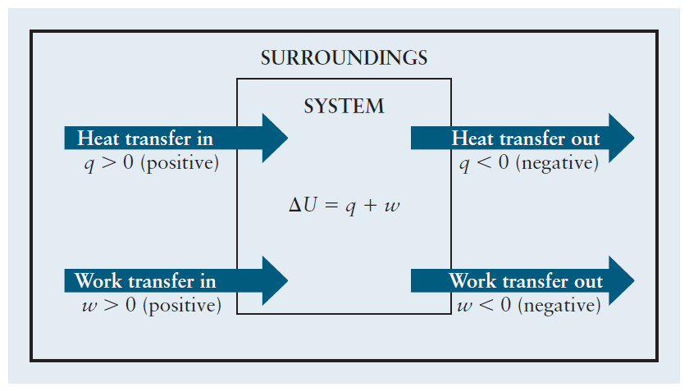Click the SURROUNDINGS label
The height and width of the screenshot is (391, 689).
[344, 58]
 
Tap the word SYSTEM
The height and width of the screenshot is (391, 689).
[344, 107]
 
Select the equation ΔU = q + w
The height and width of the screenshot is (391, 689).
[344, 204]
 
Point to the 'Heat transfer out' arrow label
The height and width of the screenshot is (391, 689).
[525, 138]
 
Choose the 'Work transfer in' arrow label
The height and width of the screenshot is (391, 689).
[145, 281]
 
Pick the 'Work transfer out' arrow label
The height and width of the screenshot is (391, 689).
[525, 281]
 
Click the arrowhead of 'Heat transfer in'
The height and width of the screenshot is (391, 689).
[274, 138]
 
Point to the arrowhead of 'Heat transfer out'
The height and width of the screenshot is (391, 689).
[621, 138]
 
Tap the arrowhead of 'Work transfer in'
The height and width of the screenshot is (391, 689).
[274, 281]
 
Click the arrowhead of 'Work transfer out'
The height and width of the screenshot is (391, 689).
[621, 281]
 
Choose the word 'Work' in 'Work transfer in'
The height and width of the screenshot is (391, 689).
[97, 281]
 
